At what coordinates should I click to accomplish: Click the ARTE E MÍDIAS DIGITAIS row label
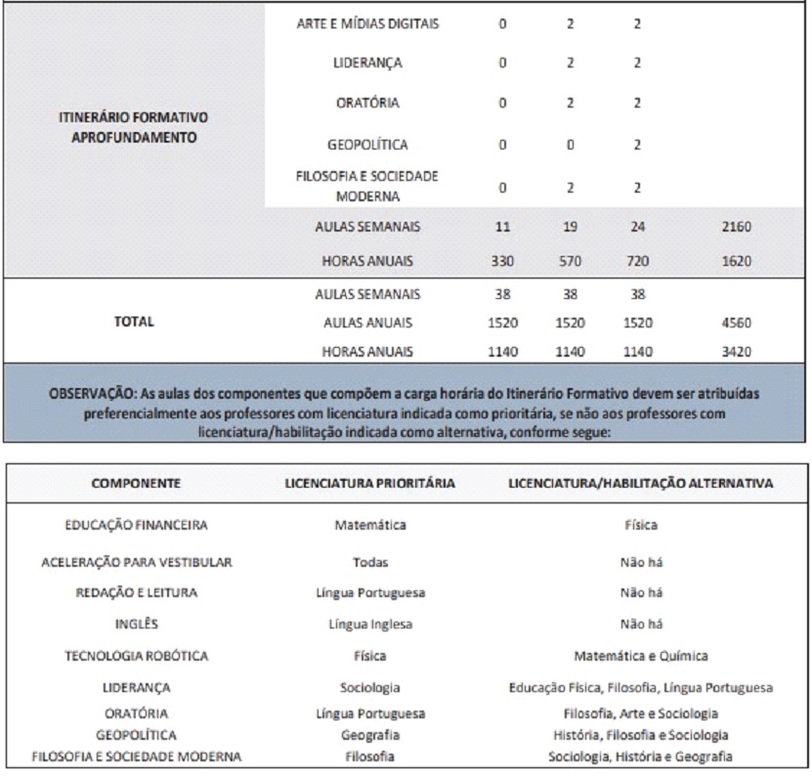pyautogui.click(x=367, y=23)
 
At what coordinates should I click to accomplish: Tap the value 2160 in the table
pyautogui.click(x=733, y=227)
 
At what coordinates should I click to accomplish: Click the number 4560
pyautogui.click(x=733, y=323)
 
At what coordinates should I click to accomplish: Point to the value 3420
pyautogui.click(x=733, y=352)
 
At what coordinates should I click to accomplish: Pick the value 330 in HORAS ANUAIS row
pyautogui.click(x=503, y=262)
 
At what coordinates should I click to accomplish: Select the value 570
pyautogui.click(x=570, y=262)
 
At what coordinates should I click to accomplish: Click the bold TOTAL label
pyautogui.click(x=134, y=322)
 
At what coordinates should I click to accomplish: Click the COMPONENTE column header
pyautogui.click(x=136, y=483)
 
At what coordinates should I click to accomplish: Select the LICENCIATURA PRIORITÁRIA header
pyautogui.click(x=370, y=483)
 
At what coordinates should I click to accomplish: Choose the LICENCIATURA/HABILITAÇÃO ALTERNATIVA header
pyautogui.click(x=641, y=483)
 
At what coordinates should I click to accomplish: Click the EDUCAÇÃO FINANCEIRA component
pyautogui.click(x=136, y=525)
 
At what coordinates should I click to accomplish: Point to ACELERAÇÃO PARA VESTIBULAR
pyautogui.click(x=136, y=562)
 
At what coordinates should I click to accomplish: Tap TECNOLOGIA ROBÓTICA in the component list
pyautogui.click(x=136, y=656)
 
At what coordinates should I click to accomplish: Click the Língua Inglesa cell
pyautogui.click(x=370, y=625)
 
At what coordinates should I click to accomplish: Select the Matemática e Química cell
pyautogui.click(x=641, y=656)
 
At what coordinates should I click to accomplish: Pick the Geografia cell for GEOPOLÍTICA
pyautogui.click(x=370, y=735)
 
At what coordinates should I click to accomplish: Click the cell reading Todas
pyautogui.click(x=370, y=562)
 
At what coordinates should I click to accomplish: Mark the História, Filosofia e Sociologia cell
pyautogui.click(x=641, y=735)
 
